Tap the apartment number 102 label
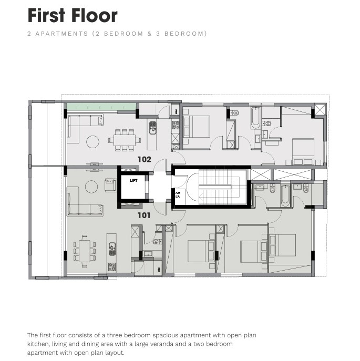coord(145,159)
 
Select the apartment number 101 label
coord(144,215)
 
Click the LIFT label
coord(133,181)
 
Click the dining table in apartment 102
coord(125,140)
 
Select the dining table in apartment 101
coord(85,251)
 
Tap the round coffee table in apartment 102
coord(93,141)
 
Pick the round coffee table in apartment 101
coord(91,187)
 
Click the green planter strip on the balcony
coord(101,107)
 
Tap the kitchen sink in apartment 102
coord(153,128)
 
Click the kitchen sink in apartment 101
coord(112,249)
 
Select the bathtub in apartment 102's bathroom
coord(255,117)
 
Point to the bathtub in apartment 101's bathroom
coord(285,195)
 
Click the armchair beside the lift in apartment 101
coord(110,185)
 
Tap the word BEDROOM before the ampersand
coord(124,34)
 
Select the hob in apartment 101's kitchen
coord(112,267)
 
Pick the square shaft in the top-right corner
coord(321,110)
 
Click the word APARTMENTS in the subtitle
coord(61,34)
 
